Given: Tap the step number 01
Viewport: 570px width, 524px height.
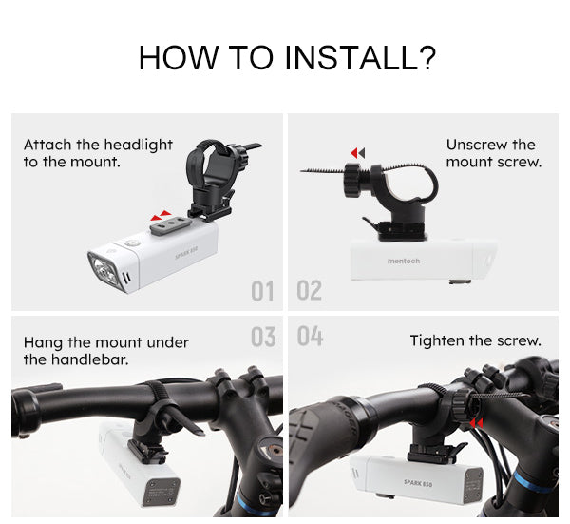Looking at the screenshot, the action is pyautogui.click(x=262, y=291).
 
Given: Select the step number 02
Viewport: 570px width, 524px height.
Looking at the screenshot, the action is pyautogui.click(x=309, y=290).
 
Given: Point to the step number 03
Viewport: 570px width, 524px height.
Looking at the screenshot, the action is pyautogui.click(x=263, y=337).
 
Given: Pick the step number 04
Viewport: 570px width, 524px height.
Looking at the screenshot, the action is pyautogui.click(x=310, y=337).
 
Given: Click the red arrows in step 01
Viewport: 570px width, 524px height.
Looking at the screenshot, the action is pyautogui.click(x=161, y=216).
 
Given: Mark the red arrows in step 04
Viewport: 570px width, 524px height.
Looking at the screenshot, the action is pyautogui.click(x=476, y=423).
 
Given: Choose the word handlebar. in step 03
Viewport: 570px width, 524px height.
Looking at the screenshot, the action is pyautogui.click(x=90, y=359).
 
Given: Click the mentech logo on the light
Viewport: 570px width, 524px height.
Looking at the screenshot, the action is pyautogui.click(x=404, y=261).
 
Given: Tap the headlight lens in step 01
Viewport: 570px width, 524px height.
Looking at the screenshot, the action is pyautogui.click(x=104, y=272).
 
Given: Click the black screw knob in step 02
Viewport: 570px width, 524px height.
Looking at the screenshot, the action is pyautogui.click(x=351, y=181).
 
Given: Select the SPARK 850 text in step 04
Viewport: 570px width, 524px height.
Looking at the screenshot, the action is pyautogui.click(x=418, y=483).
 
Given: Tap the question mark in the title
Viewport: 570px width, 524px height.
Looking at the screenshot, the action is pyautogui.click(x=427, y=57).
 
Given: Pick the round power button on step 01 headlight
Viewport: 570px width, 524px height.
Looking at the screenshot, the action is pyautogui.click(x=131, y=243).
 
